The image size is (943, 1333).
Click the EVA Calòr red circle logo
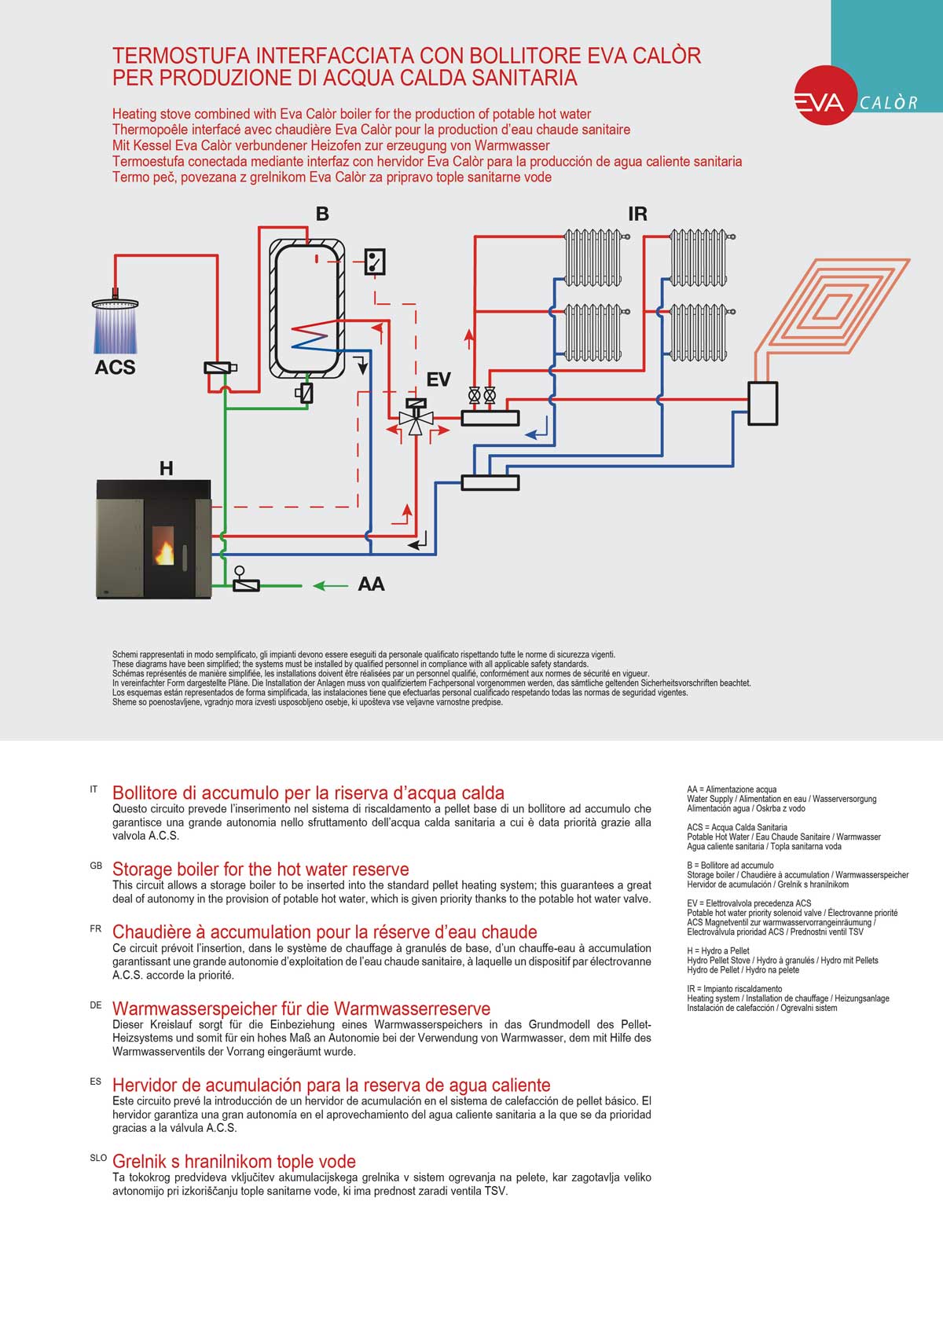click(x=825, y=96)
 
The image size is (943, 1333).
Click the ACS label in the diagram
click(x=115, y=368)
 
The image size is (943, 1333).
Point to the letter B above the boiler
click(x=322, y=214)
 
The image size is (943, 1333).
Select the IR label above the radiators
click(x=637, y=214)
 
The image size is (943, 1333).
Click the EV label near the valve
click(x=438, y=380)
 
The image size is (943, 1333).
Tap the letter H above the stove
click(x=166, y=469)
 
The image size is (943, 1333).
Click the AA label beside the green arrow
click(x=371, y=584)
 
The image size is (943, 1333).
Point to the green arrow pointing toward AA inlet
click(x=330, y=585)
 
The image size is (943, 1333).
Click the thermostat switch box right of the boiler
click(x=375, y=262)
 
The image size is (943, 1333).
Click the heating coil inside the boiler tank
click(x=309, y=336)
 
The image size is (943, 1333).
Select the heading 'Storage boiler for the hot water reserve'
click(x=260, y=870)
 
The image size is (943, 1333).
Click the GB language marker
click(x=96, y=866)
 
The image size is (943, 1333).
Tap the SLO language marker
click(x=98, y=1158)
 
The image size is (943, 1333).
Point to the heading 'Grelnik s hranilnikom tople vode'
click(x=234, y=1162)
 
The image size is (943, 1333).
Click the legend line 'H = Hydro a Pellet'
click(x=718, y=951)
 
